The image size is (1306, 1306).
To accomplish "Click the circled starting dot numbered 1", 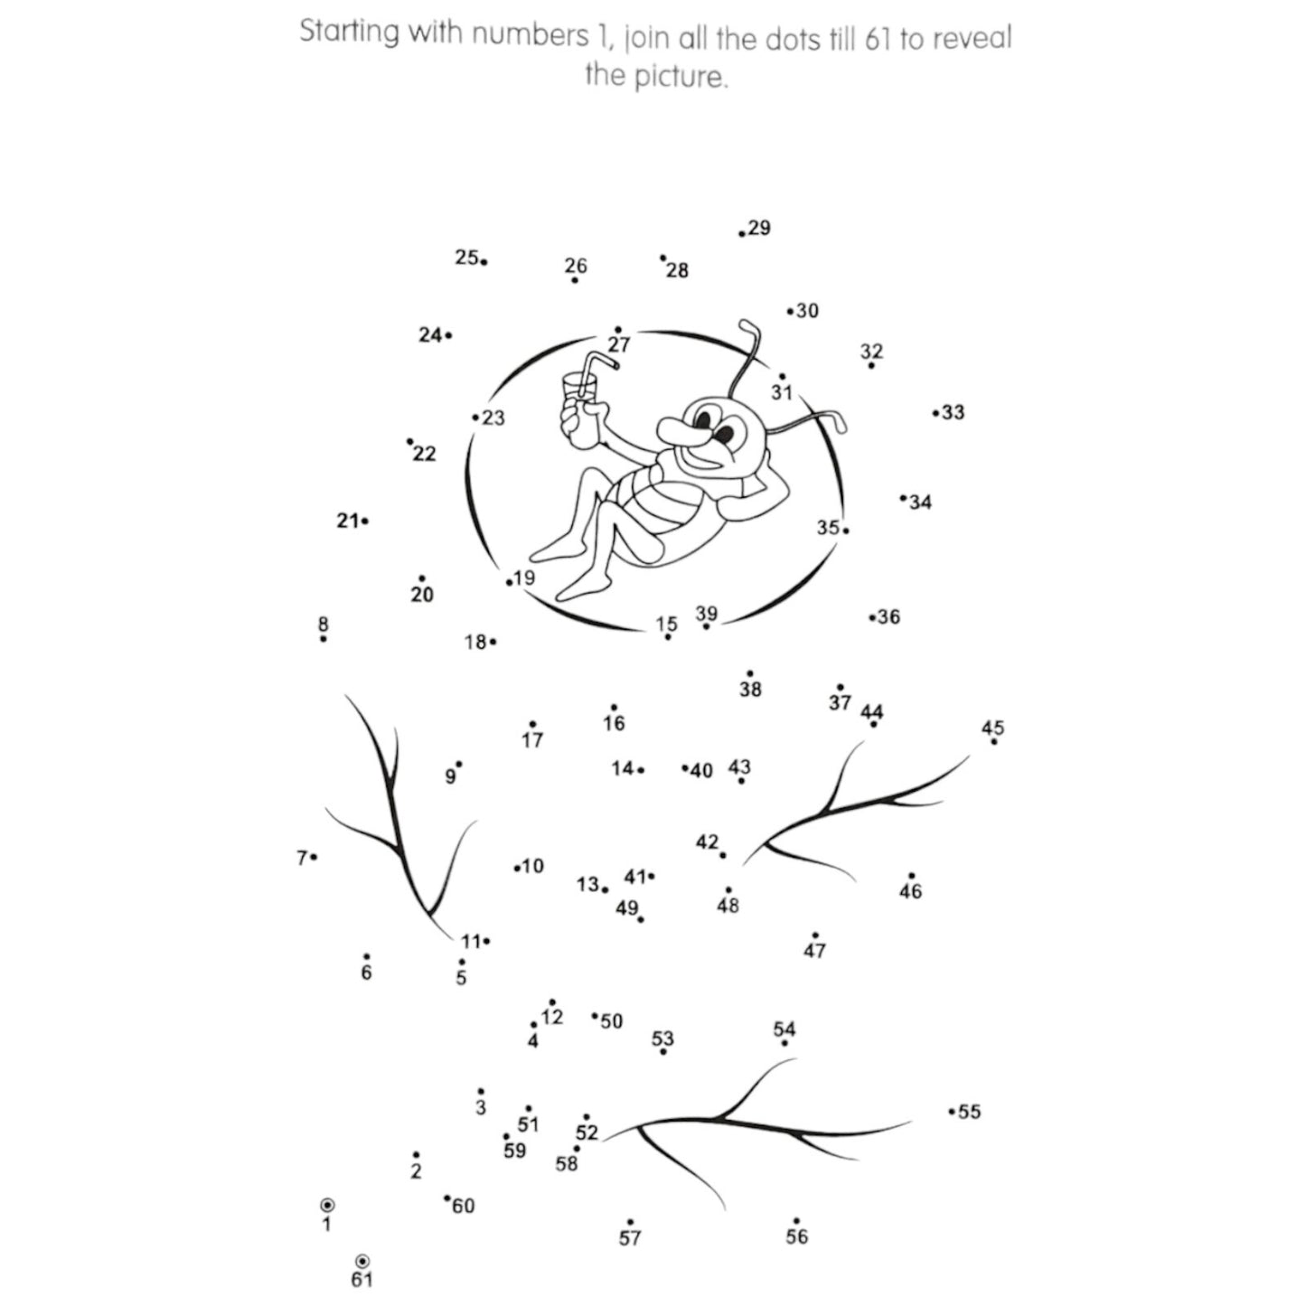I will [x=327, y=1205].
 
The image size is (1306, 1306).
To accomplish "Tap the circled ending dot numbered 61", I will [x=362, y=1261].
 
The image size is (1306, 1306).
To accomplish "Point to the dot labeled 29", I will [x=742, y=234].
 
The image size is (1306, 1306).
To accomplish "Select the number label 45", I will [x=992, y=728].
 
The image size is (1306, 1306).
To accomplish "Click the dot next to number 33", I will [x=935, y=414].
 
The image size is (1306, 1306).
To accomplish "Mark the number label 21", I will [x=347, y=521].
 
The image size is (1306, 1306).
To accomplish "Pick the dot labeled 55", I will [x=952, y=1112].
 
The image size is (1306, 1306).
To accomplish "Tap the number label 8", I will [x=324, y=624].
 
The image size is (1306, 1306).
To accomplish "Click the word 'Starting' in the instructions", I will [x=349, y=32].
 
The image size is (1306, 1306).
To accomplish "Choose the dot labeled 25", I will [x=484, y=262].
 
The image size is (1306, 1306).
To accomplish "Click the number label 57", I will [x=630, y=1238].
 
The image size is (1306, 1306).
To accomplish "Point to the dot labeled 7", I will [x=314, y=857].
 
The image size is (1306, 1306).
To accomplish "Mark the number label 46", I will [x=910, y=891].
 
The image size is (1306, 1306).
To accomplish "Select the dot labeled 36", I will [x=872, y=618].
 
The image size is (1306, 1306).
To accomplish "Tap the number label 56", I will [x=796, y=1236].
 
